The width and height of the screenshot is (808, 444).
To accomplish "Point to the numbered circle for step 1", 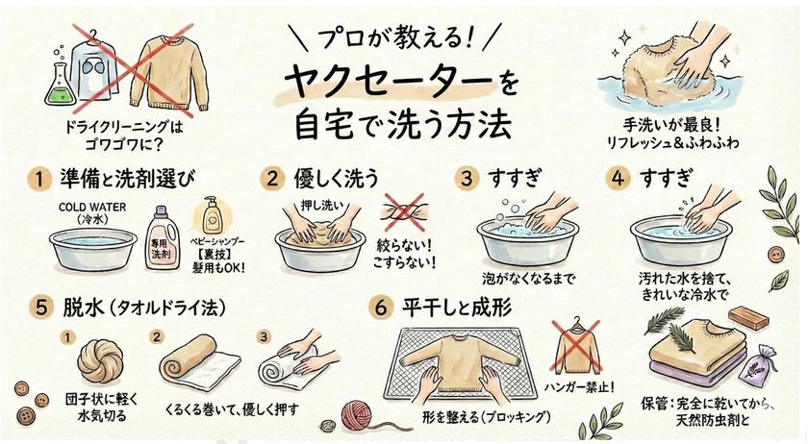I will point(37,180).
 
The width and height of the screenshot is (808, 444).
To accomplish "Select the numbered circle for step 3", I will point(469,180).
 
